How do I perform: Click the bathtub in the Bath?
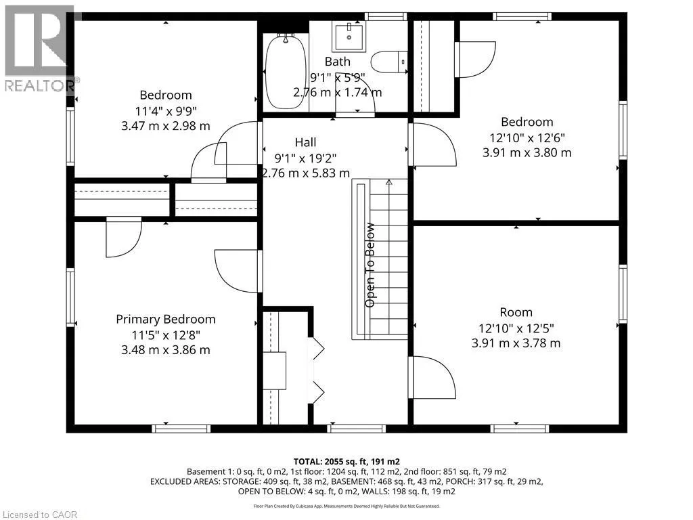[286, 72]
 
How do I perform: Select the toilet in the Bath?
[389, 62]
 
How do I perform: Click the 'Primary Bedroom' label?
[166, 320]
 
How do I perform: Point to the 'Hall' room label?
[305, 142]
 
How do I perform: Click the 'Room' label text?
[516, 312]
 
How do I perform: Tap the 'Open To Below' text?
[370, 265]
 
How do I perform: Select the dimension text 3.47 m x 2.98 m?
[166, 126]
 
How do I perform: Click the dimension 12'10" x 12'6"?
[527, 137]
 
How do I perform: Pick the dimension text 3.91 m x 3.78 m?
[516, 343]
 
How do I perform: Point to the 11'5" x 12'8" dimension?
[166, 334]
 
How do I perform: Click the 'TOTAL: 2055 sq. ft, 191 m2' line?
[346, 462]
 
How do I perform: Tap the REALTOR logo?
[40, 49]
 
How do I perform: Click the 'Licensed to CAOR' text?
[40, 515]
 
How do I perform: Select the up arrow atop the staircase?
[389, 181]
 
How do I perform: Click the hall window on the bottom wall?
[356, 429]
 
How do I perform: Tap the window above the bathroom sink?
[386, 16]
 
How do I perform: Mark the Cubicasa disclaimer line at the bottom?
[346, 506]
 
